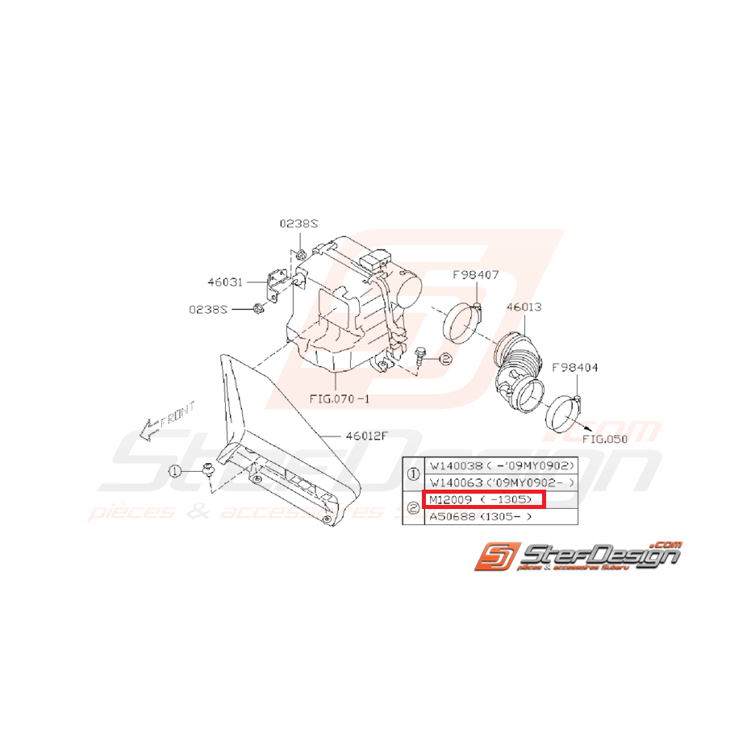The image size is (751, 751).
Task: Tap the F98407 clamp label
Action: pyautogui.click(x=475, y=275)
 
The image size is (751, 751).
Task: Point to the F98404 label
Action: pyautogui.click(x=576, y=368)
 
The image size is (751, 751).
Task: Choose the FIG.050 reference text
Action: pyautogui.click(x=604, y=439)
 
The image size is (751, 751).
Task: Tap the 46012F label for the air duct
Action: pyautogui.click(x=367, y=436)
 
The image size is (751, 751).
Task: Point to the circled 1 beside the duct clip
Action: pyautogui.click(x=174, y=471)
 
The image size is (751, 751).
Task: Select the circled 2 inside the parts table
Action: pyautogui.click(x=414, y=508)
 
